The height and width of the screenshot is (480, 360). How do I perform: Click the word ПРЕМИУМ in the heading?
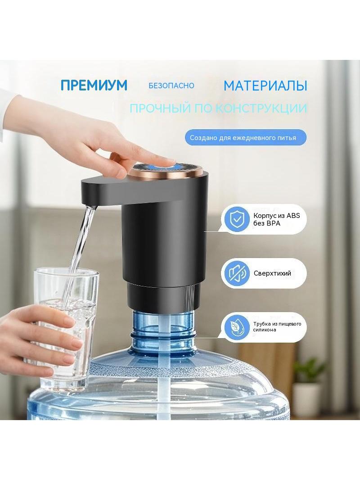click(x=94, y=85)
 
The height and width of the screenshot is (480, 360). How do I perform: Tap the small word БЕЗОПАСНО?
click(x=171, y=86)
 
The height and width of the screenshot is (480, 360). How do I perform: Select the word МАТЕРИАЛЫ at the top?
click(x=265, y=86)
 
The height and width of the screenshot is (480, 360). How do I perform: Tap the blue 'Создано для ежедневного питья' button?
click(x=246, y=138)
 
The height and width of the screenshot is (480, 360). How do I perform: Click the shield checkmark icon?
click(x=235, y=219)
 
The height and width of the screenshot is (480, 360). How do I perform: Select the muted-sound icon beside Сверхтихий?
click(x=235, y=273)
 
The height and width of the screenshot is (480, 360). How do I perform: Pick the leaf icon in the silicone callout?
click(x=235, y=326)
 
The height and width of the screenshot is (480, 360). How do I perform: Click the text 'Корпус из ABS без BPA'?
click(x=276, y=219)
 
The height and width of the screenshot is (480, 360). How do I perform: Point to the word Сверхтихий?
click(x=272, y=273)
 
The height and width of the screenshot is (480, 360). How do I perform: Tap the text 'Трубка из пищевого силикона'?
click(x=277, y=326)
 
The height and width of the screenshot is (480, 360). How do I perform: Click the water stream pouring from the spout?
click(x=80, y=254)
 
